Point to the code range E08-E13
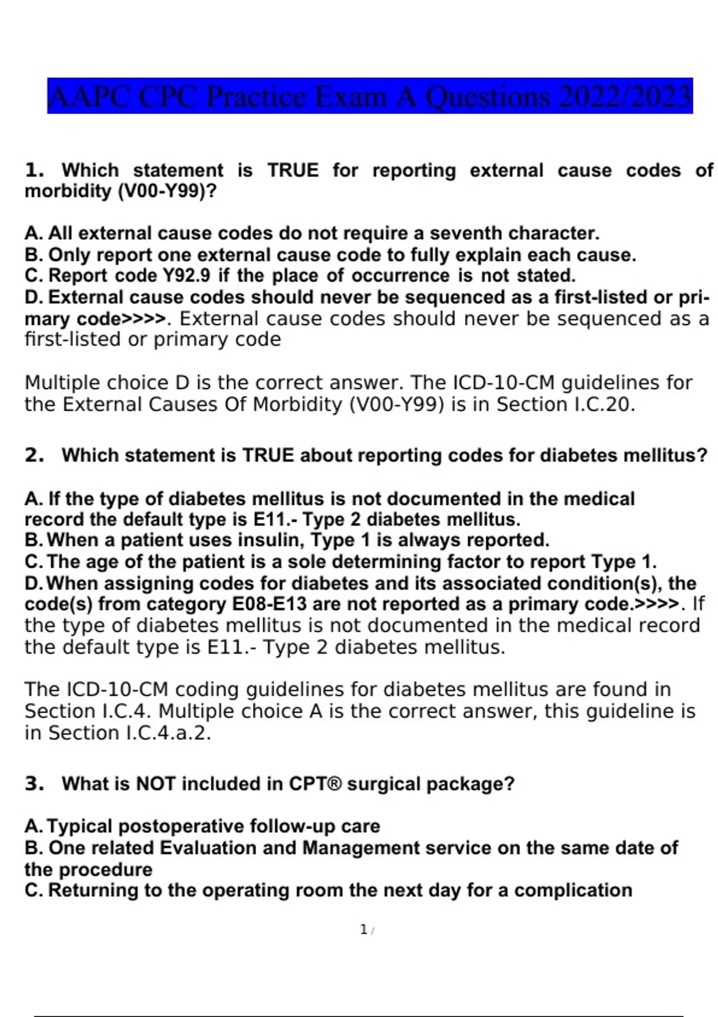click(269, 604)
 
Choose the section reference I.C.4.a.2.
click(168, 733)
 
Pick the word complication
click(573, 890)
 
